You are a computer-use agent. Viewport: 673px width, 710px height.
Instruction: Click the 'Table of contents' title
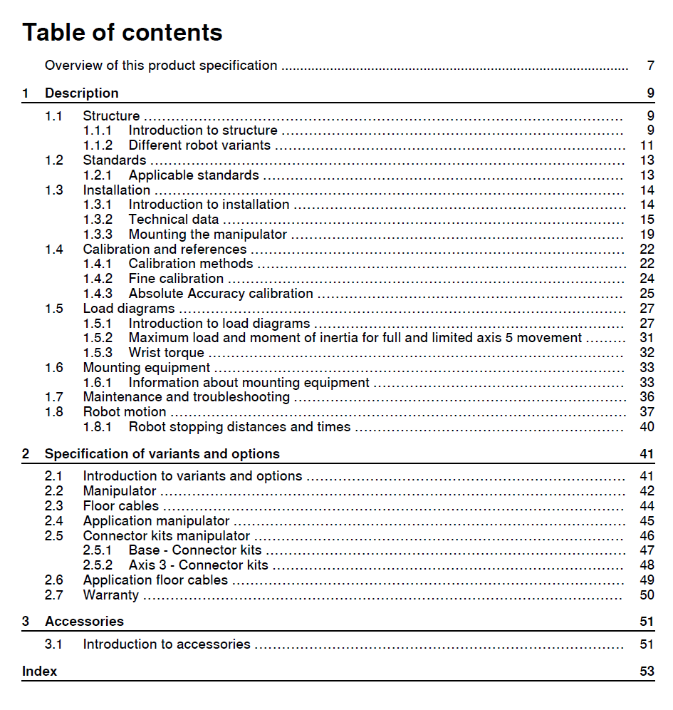[122, 32]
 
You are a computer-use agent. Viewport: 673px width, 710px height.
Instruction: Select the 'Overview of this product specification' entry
[161, 66]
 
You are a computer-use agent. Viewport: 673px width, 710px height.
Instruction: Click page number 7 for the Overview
[650, 66]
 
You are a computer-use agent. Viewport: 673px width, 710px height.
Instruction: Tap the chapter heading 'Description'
[82, 93]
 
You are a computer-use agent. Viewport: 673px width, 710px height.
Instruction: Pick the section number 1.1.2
[98, 145]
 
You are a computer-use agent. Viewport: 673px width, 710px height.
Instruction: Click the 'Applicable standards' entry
[194, 175]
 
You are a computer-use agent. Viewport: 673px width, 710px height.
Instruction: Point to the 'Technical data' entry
[174, 220]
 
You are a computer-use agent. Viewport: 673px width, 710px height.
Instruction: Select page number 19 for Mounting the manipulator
[647, 235]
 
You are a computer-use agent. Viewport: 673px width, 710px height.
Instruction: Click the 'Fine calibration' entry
[176, 279]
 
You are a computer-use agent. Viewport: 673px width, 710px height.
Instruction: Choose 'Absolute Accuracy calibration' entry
[221, 294]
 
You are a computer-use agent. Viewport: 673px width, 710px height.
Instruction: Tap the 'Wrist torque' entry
[167, 353]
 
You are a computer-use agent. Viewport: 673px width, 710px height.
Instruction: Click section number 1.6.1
[98, 383]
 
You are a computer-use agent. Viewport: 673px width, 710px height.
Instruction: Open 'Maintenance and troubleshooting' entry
[187, 397]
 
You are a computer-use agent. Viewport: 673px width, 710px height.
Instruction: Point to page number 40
[647, 428]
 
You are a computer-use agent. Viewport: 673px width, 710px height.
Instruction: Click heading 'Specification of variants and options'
[162, 454]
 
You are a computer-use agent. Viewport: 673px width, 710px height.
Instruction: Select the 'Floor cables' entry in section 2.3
[121, 506]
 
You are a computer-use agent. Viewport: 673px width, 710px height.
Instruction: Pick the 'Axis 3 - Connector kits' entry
[199, 565]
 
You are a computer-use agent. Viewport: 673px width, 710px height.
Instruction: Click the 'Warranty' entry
[111, 595]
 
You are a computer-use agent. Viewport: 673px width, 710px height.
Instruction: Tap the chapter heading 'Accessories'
[84, 622]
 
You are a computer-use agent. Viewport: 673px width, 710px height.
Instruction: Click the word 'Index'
[40, 672]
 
